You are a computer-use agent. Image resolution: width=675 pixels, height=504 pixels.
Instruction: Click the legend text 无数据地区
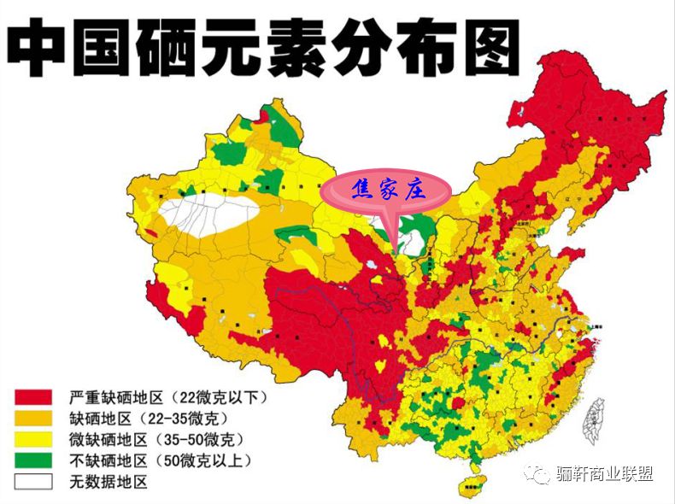pyautogui.click(x=109, y=482)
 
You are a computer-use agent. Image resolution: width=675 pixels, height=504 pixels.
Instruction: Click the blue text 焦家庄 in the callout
pyautogui.click(x=390, y=190)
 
